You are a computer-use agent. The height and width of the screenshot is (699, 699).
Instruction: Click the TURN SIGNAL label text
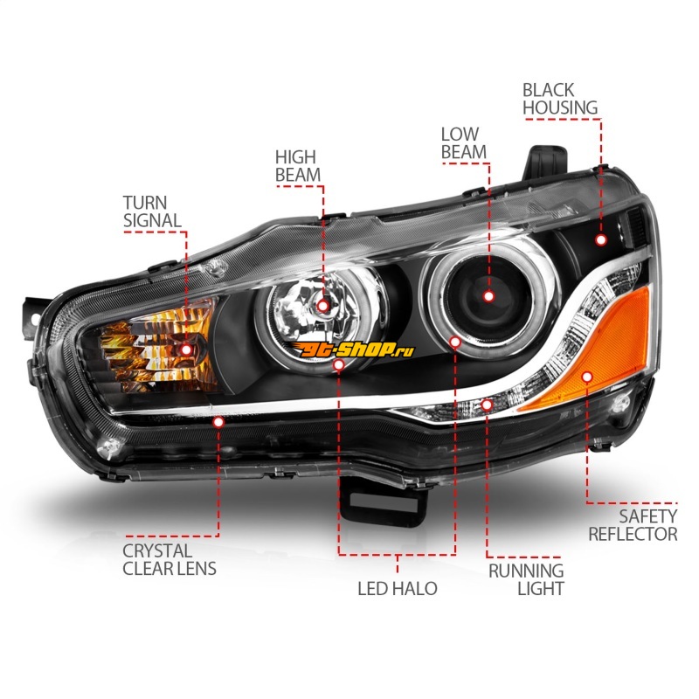coord(154,211)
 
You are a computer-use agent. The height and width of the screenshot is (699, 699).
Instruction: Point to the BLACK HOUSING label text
coord(560,98)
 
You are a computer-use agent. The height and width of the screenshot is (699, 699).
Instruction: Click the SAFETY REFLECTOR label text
coord(633,525)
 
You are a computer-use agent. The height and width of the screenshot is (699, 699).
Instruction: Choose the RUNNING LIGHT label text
coord(525,578)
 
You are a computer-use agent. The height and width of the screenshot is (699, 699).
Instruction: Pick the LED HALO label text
coord(398,588)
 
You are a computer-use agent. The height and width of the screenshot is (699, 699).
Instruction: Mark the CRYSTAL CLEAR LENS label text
coord(170,559)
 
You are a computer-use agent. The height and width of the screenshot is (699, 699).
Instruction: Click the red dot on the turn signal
coord(186,349)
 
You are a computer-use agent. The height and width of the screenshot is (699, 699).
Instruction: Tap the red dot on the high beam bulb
coord(323,306)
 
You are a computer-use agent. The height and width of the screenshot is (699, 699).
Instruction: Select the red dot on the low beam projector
coord(488,296)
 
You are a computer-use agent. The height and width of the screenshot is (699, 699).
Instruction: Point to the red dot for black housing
coord(601,239)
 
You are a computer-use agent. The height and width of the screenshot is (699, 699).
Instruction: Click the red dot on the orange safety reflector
coord(586,376)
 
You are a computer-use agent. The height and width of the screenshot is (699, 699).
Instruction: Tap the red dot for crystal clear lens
coord(218,420)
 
